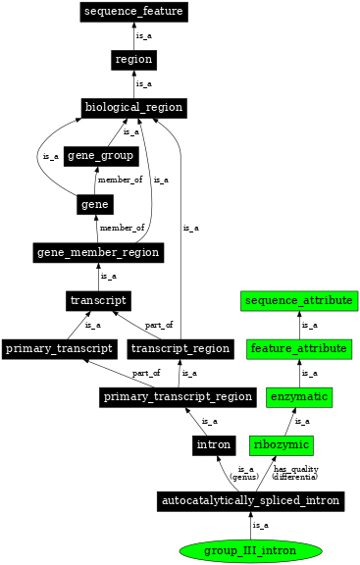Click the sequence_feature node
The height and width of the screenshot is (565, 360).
pyautogui.click(x=133, y=12)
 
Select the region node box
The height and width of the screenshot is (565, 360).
pyautogui.click(x=133, y=59)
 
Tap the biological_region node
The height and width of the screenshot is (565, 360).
pyautogui.click(x=133, y=107)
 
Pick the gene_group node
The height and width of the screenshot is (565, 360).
pyautogui.click(x=100, y=156)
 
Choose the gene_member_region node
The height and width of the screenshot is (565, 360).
pyautogui.click(x=98, y=252)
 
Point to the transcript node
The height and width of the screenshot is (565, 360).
pyautogui.click(x=98, y=299)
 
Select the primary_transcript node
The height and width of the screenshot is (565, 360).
pyautogui.click(x=60, y=348)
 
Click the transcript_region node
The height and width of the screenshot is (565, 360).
pyautogui.click(x=180, y=348)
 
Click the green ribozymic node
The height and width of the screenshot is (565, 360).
pyautogui.click(x=282, y=445)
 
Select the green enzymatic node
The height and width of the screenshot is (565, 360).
pyautogui.click(x=299, y=396)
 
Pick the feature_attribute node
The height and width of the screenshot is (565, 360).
pyautogui.click(x=299, y=348)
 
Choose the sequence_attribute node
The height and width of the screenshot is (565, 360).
pyautogui.click(x=299, y=299)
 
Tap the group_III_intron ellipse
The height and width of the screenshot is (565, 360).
pyautogui.click(x=250, y=550)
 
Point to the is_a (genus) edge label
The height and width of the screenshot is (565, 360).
pyautogui.click(x=246, y=473)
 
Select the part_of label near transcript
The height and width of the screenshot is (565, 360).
pyautogui.click(x=158, y=325)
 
